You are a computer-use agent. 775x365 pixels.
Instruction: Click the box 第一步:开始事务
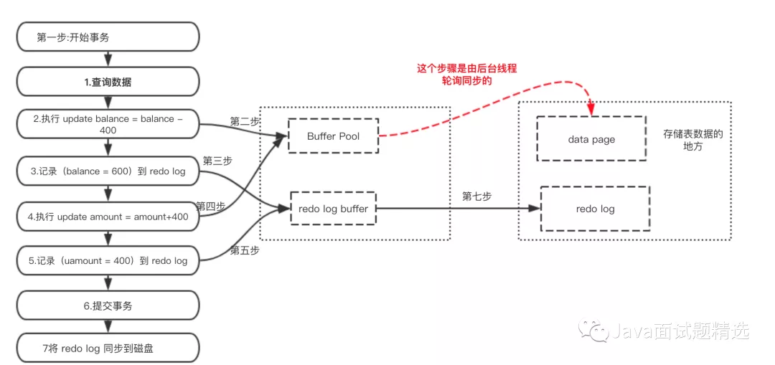point(108,37)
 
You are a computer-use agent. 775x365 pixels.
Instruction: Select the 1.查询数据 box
point(108,82)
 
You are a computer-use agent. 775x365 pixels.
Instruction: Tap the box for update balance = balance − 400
point(108,125)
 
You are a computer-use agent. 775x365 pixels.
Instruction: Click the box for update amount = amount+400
point(108,217)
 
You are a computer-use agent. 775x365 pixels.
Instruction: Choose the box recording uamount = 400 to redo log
point(108,260)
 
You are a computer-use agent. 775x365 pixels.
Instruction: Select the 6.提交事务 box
point(108,305)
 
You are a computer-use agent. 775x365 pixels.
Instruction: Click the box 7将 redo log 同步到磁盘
point(108,349)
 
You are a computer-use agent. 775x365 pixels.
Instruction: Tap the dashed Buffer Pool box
point(333,136)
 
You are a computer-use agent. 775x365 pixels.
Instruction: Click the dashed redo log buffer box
point(333,209)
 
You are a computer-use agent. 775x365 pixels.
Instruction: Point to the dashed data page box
point(591,139)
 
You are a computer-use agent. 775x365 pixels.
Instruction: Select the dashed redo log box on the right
point(595,209)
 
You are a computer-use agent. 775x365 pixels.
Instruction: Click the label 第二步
point(245,121)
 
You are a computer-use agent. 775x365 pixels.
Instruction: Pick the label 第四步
point(210,206)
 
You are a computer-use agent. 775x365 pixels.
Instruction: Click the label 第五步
point(244,251)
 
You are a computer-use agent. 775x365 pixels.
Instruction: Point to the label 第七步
point(476,196)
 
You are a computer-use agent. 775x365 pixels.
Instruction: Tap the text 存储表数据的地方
point(692,140)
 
